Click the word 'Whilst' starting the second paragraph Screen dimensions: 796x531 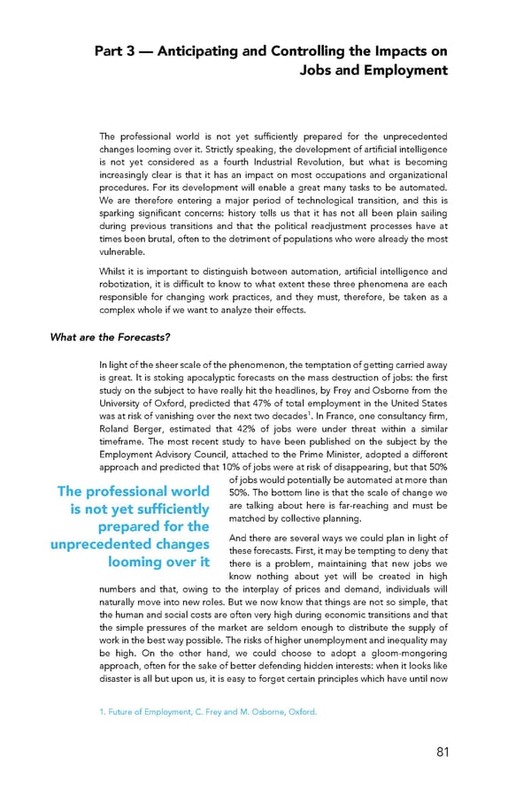[x=115, y=272]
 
